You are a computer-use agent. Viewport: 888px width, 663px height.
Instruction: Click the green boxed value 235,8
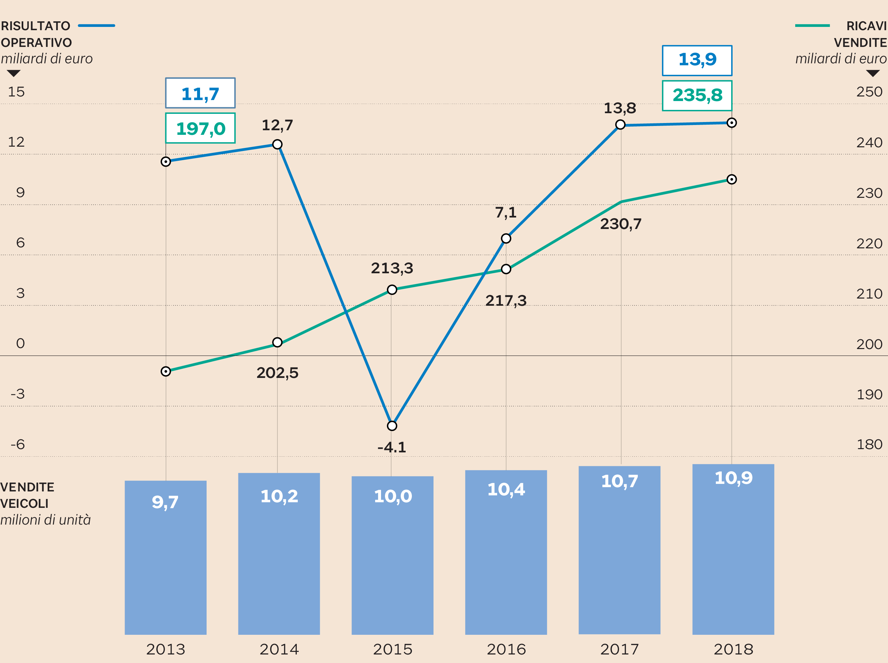697,95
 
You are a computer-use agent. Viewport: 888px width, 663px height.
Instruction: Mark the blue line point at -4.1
392,426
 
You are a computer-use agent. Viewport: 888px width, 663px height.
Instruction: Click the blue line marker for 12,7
277,144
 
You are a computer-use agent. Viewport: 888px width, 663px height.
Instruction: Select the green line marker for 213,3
392,290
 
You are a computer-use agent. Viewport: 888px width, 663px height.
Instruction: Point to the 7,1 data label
505,212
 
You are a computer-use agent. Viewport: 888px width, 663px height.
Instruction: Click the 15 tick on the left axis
16,92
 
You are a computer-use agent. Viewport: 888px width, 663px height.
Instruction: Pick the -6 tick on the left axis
18,444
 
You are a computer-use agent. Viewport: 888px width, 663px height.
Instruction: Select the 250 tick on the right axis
869,92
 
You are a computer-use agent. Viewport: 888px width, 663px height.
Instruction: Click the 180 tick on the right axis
869,444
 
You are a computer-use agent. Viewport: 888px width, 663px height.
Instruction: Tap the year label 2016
506,649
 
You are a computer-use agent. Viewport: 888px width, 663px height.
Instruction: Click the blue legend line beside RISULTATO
96,26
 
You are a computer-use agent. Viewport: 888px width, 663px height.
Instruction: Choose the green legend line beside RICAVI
812,26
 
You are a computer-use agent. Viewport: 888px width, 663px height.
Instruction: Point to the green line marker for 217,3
506,269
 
